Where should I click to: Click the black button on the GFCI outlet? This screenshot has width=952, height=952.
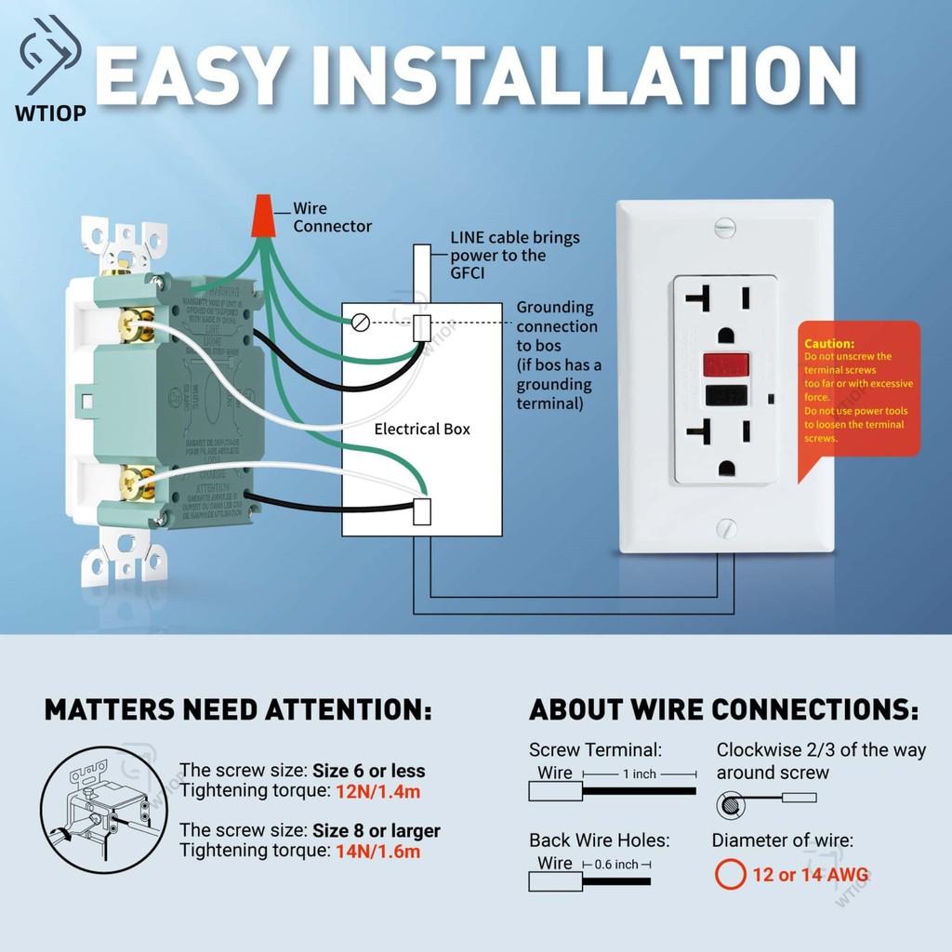click(x=728, y=394)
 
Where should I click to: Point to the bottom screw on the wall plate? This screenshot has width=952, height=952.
click(x=726, y=528)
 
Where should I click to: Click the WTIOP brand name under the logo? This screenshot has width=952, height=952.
click(x=51, y=113)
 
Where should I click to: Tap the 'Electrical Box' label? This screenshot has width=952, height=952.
click(x=422, y=429)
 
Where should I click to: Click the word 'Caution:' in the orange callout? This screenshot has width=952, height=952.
click(x=828, y=344)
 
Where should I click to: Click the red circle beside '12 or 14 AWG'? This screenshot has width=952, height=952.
click(x=731, y=874)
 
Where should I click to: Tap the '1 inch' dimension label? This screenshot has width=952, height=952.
click(x=639, y=774)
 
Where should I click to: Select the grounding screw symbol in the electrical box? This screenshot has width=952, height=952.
click(x=361, y=322)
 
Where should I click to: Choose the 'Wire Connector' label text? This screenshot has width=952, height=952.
click(x=332, y=218)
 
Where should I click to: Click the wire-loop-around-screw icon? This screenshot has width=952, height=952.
click(x=730, y=802)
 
